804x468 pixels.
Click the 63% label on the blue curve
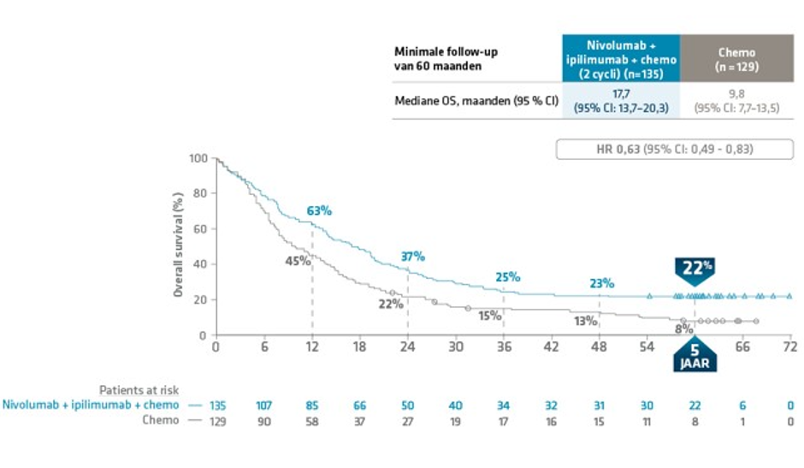click(319, 210)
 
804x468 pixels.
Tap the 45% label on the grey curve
click(297, 261)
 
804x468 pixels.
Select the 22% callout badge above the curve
click(697, 269)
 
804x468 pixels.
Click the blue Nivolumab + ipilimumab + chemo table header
click(621, 58)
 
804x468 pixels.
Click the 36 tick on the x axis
click(503, 347)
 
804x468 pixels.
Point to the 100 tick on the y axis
click(198, 159)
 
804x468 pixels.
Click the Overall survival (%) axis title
click(179, 246)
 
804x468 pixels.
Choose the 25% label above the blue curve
click(507, 277)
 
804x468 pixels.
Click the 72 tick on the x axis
click(789, 347)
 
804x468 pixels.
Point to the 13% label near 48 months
click(586, 322)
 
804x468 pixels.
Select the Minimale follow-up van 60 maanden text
click(446, 58)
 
